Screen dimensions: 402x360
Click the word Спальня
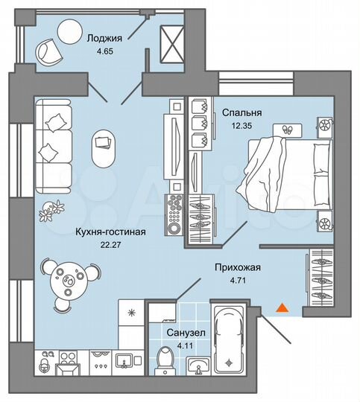pos(237,113)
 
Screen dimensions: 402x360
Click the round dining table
pos(72,281)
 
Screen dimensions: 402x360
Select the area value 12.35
pos(236,127)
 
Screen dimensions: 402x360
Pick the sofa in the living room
pos(54,145)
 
